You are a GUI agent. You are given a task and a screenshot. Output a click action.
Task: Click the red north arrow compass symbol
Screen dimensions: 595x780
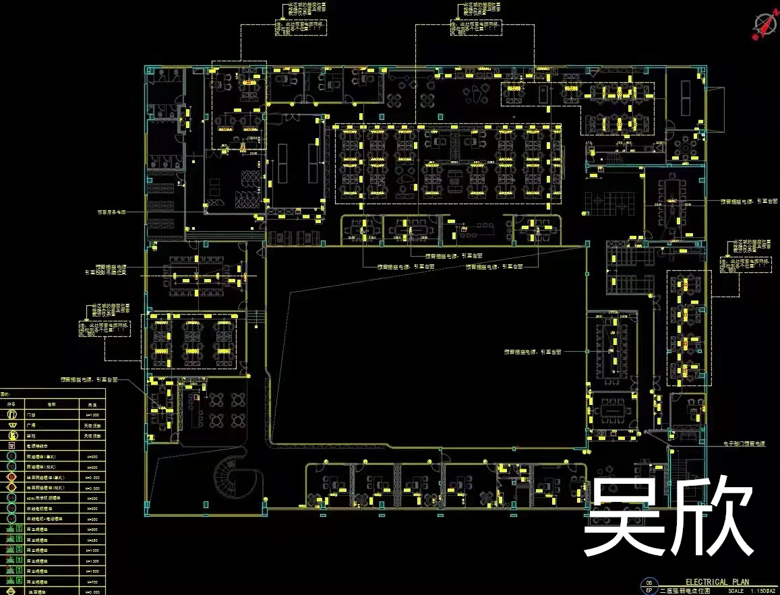coord(763,25)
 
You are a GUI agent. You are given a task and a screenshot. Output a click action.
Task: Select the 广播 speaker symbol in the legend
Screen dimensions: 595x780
coord(11,425)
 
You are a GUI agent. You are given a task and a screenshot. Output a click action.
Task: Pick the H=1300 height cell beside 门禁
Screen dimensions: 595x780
coord(92,414)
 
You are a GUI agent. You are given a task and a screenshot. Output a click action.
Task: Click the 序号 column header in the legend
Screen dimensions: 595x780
coord(11,404)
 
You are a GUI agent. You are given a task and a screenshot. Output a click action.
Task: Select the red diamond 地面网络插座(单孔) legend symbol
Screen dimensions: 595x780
coord(11,477)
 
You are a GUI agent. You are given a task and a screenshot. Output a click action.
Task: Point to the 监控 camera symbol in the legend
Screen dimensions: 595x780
coord(11,435)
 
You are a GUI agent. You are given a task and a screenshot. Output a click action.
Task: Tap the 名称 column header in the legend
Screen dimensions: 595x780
coord(50,404)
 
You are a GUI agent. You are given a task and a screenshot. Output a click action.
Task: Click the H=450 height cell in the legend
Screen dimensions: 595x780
coord(92,540)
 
